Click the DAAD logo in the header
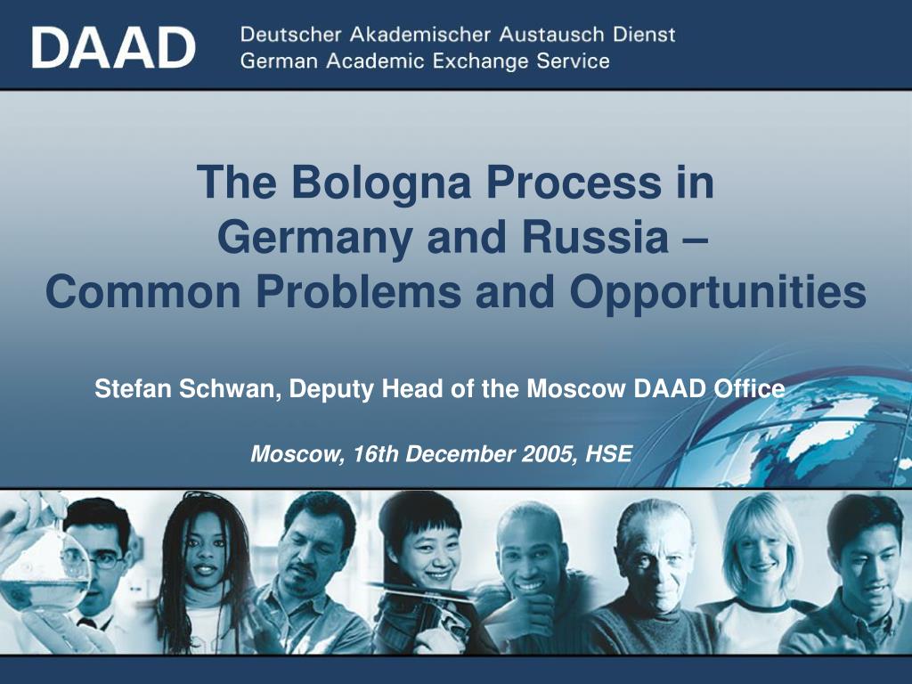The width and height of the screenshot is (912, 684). tap(113, 46)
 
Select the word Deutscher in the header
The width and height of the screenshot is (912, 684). tap(288, 35)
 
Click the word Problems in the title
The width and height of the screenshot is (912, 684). tap(361, 292)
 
